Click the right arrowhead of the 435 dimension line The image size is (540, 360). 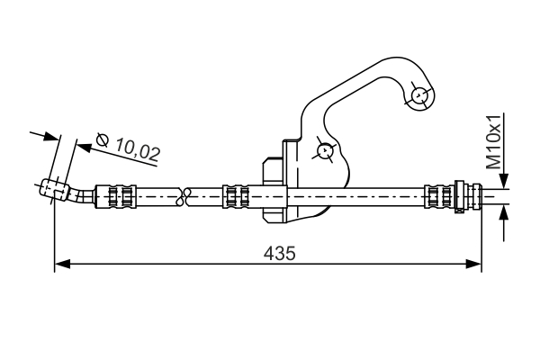476,264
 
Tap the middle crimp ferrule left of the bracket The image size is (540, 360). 236,194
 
